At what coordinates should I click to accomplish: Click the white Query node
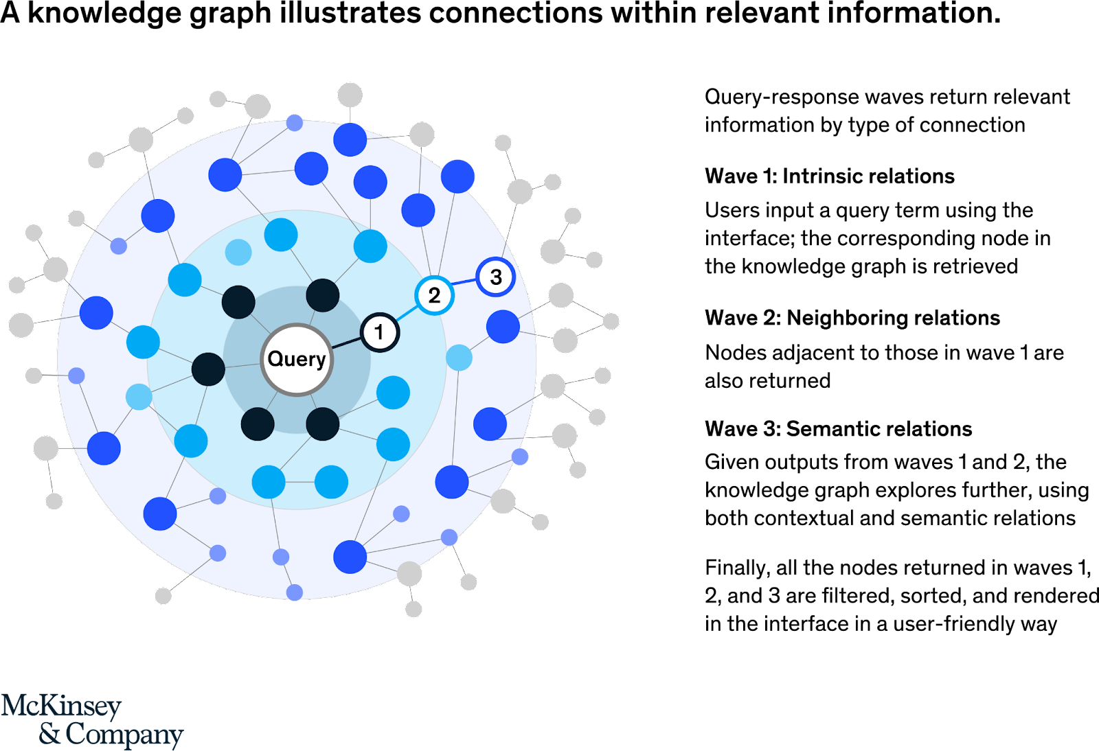[x=297, y=359]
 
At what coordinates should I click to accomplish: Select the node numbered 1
[x=379, y=333]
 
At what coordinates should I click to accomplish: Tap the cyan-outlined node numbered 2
[x=434, y=296]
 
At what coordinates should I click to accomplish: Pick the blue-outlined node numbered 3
[x=495, y=277]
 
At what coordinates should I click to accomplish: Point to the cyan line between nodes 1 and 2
[x=407, y=314]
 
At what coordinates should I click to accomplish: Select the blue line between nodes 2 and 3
[x=464, y=286]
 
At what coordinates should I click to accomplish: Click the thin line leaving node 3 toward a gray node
[x=509, y=230]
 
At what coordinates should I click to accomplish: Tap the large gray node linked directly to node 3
[x=519, y=192]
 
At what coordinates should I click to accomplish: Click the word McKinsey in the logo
[x=62, y=706]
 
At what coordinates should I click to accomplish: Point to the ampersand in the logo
[x=49, y=734]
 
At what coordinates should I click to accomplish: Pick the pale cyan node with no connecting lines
[x=238, y=252]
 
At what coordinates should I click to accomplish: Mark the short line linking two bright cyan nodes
[x=299, y=482]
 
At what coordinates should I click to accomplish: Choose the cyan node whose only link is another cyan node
[x=331, y=482]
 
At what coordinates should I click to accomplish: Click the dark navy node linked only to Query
[x=258, y=424]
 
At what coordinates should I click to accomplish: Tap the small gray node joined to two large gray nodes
[x=611, y=321]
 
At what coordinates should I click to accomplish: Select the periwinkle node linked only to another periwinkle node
[x=294, y=592]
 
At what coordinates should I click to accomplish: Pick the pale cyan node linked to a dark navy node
[x=139, y=397]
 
